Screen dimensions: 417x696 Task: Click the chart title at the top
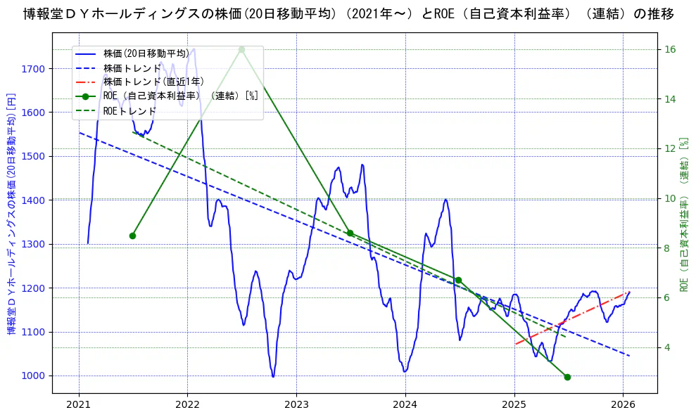pos(348,13)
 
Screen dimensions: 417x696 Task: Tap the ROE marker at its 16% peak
pos(241,49)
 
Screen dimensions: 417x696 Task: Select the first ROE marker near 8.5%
pos(132,236)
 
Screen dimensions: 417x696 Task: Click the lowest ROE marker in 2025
pos(567,377)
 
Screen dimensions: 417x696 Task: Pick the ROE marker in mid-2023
pos(350,233)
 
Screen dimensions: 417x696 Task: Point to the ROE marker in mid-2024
pos(458,280)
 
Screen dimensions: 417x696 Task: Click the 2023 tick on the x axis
pos(296,405)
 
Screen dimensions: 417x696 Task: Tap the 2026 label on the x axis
pos(624,405)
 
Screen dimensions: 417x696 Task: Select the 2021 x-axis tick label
pos(78,405)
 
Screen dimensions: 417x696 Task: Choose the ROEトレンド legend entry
pos(129,111)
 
